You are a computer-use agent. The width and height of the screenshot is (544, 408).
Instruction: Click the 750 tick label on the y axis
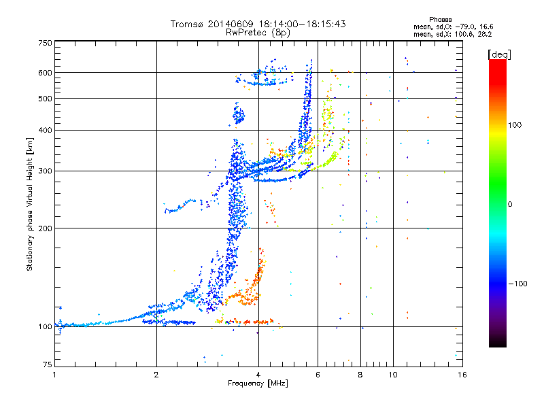[45, 43]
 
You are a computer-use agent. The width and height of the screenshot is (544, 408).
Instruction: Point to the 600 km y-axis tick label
[45, 72]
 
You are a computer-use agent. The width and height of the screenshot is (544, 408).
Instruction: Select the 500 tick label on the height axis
[45, 99]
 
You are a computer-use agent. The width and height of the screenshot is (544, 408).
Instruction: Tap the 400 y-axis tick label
[45, 130]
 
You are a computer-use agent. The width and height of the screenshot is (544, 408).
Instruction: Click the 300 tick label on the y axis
[45, 171]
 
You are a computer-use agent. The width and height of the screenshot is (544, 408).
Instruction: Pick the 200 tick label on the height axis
[45, 228]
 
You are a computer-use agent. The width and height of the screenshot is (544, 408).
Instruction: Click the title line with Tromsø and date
[258, 24]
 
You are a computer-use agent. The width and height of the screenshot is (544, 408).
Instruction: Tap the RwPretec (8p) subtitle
[258, 32]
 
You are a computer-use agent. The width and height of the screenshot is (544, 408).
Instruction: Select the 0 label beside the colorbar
[511, 204]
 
